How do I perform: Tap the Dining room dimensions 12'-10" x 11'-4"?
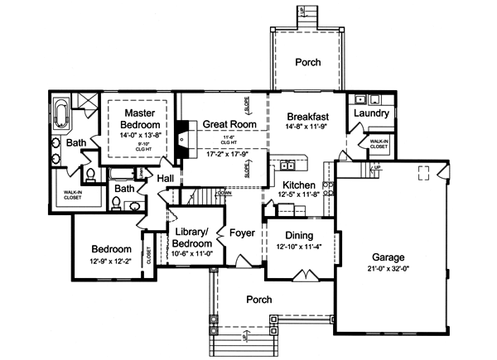[298, 247]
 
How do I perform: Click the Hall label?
[166, 178]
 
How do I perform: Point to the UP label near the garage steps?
[378, 167]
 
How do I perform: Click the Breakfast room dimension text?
[308, 128]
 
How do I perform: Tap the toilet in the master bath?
[88, 175]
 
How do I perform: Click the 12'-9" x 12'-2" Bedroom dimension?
[111, 262]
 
